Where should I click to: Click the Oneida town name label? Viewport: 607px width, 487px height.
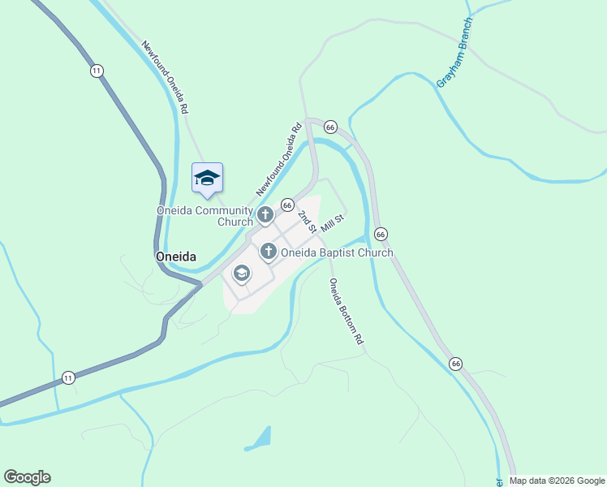pos(175,256)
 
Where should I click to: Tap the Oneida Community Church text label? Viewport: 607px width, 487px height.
pos(205,216)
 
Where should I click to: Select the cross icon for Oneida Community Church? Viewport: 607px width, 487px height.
pos(265,215)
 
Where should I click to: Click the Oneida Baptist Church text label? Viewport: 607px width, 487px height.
pos(337,252)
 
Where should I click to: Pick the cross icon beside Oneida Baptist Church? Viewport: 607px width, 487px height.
pos(269,252)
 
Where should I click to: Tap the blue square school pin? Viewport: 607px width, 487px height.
pos(207,178)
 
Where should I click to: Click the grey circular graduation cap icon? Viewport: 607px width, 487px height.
pos(241,274)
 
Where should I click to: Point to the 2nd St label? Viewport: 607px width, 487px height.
pos(306,221)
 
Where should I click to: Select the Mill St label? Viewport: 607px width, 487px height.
pos(333,223)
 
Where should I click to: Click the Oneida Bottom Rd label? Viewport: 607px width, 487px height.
pos(345,312)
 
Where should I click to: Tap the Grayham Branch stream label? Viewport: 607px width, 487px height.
pos(454,53)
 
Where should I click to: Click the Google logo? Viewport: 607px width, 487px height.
pos(27,476)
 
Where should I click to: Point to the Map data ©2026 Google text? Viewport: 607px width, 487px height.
pos(557,481)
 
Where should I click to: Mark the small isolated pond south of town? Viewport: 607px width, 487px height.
pos(260,439)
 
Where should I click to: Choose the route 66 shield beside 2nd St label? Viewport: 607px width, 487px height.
pos(287,205)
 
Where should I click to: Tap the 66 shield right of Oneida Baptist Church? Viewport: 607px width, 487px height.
pos(381,234)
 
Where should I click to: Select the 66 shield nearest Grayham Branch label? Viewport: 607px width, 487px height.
pos(329,127)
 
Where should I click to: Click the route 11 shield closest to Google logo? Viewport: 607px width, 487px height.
pos(68,377)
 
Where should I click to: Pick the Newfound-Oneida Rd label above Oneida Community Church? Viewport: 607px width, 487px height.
pos(279,158)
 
